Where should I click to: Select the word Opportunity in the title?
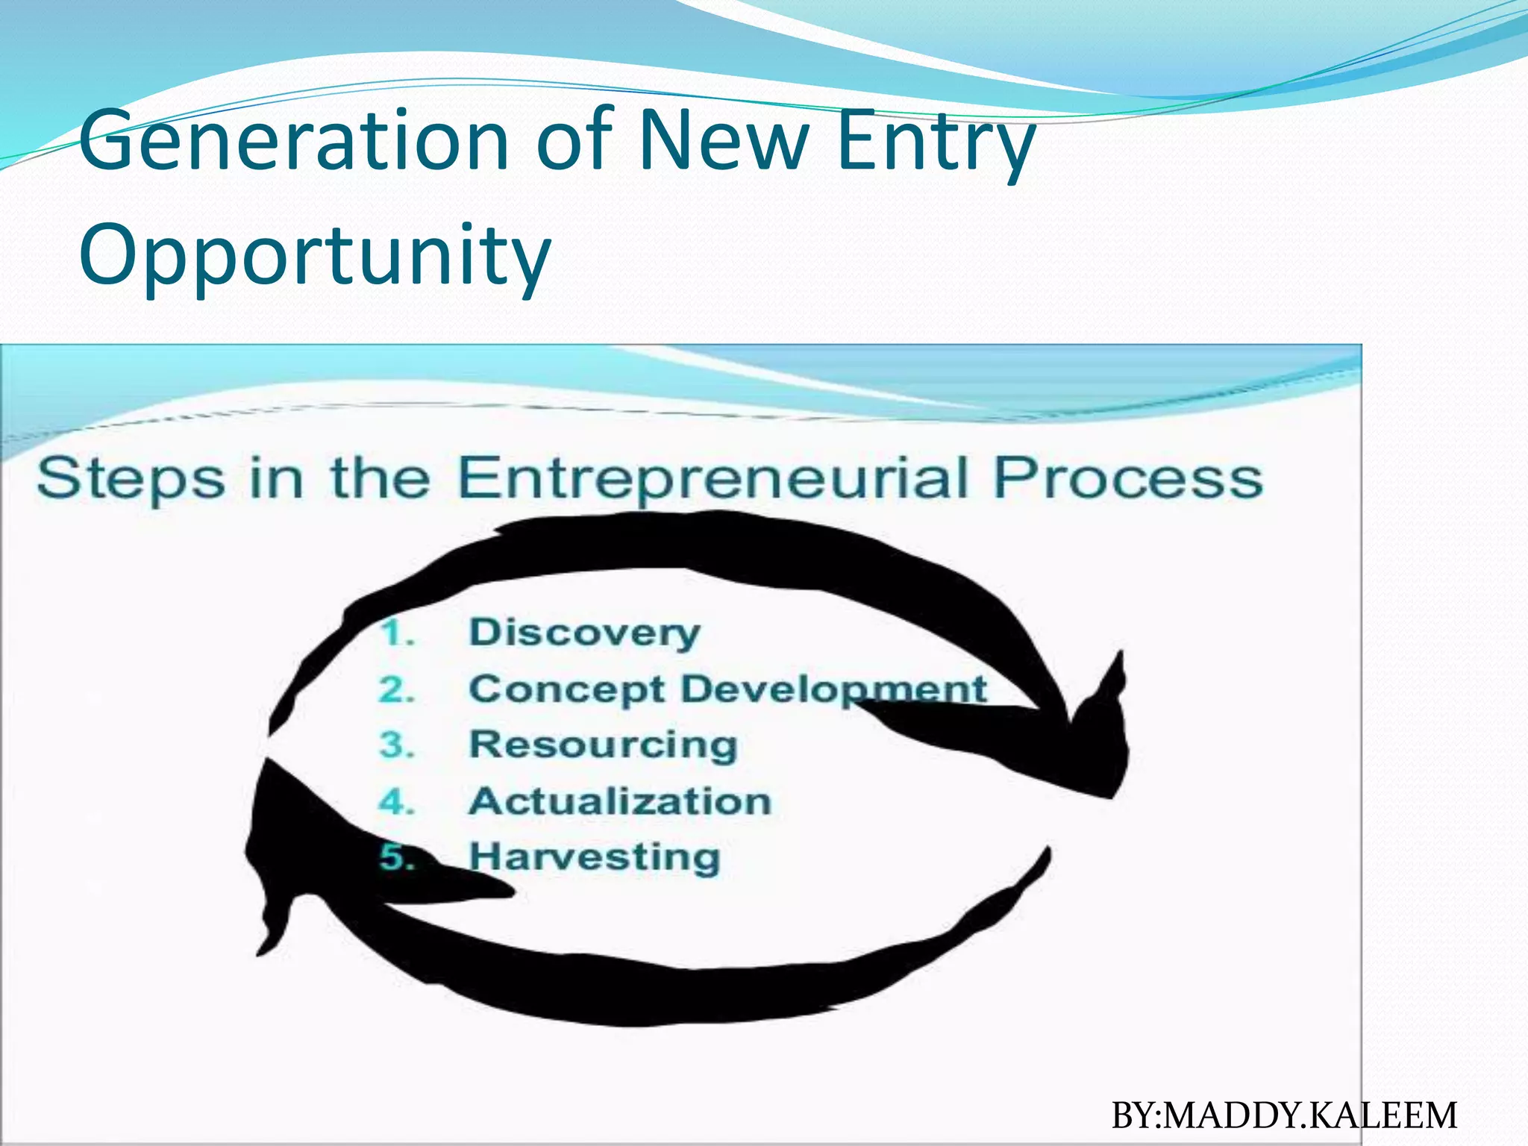314,255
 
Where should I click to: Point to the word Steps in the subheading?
131,478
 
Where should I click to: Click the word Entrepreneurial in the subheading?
713,478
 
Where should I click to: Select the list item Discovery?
584,633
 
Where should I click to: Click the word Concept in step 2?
566,689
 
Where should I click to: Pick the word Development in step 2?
834,689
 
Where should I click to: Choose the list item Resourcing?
603,745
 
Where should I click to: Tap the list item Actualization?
620,801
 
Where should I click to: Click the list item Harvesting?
595,857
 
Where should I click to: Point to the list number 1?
396,634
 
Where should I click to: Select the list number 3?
396,745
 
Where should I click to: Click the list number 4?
396,802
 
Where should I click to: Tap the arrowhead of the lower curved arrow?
298,843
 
